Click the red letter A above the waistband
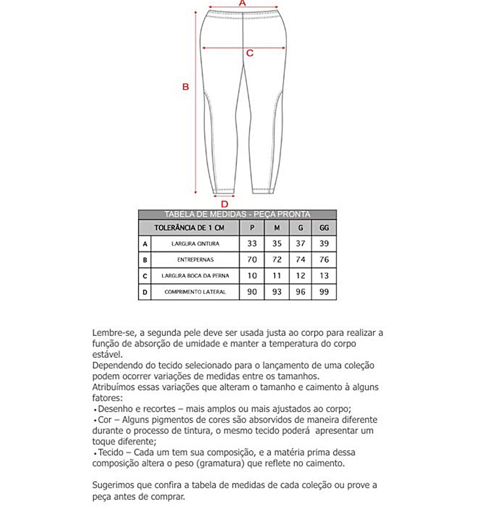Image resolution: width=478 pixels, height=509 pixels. [242, 3]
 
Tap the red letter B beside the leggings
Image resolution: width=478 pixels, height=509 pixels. [186, 87]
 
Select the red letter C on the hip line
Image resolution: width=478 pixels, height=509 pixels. [250, 53]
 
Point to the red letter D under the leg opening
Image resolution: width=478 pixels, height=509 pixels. [224, 204]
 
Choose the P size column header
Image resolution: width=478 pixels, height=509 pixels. [252, 228]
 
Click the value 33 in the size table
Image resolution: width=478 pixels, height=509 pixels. [252, 244]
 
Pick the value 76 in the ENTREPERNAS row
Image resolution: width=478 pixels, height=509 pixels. [325, 260]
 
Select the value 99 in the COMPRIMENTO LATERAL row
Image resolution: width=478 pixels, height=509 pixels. [325, 292]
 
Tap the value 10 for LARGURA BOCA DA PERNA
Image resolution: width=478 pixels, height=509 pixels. [252, 276]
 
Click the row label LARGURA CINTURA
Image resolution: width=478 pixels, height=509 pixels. [195, 244]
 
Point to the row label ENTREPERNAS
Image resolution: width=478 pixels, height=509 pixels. [195, 260]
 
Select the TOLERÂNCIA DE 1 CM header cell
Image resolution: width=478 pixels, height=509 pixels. [189, 228]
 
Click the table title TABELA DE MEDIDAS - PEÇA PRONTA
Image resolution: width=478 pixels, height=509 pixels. [237, 214]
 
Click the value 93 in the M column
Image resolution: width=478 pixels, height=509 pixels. [277, 292]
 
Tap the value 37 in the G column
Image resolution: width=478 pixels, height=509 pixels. [301, 244]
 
